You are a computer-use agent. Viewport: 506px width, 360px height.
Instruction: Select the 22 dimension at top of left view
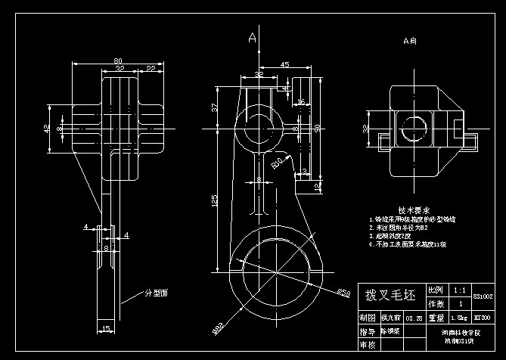coord(151,68)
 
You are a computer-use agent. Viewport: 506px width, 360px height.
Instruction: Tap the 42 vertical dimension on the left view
coord(48,129)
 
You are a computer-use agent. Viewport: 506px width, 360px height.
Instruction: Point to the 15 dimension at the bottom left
coord(106,327)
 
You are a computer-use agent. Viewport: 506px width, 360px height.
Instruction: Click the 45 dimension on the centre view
coord(284,65)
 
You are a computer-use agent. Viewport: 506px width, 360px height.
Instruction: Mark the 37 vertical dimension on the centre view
coord(215,108)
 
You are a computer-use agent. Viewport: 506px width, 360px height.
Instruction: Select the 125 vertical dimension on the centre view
coord(215,200)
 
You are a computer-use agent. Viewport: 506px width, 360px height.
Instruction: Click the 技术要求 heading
coord(414,209)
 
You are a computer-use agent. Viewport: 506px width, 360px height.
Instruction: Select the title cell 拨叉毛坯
coord(390,295)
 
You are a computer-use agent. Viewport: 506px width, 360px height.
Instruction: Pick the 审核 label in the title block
coord(368,345)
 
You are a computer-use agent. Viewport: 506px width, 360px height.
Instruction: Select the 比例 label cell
coord(436,290)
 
